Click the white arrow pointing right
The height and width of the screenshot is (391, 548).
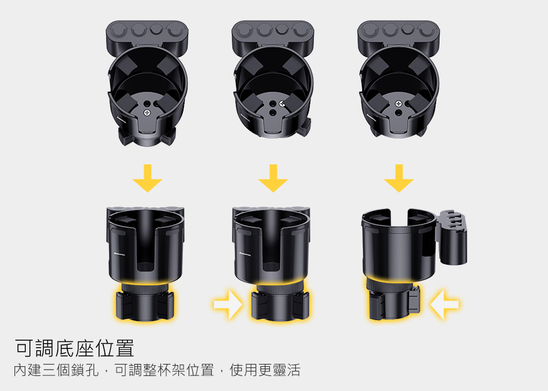228,304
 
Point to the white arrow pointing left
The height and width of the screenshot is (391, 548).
444,304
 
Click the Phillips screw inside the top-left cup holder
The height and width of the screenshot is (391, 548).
147,112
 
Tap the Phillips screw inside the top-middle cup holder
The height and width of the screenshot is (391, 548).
282,104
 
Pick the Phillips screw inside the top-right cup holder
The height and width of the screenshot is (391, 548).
399,104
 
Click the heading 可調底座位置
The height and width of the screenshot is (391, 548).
74,348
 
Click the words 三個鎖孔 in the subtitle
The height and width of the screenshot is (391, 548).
70,370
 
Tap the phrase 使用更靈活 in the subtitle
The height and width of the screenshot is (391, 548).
265,370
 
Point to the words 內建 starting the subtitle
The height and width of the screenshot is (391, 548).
28,370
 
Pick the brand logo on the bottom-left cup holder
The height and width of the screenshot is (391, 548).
119,254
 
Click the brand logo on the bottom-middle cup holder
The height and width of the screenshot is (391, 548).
245,254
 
